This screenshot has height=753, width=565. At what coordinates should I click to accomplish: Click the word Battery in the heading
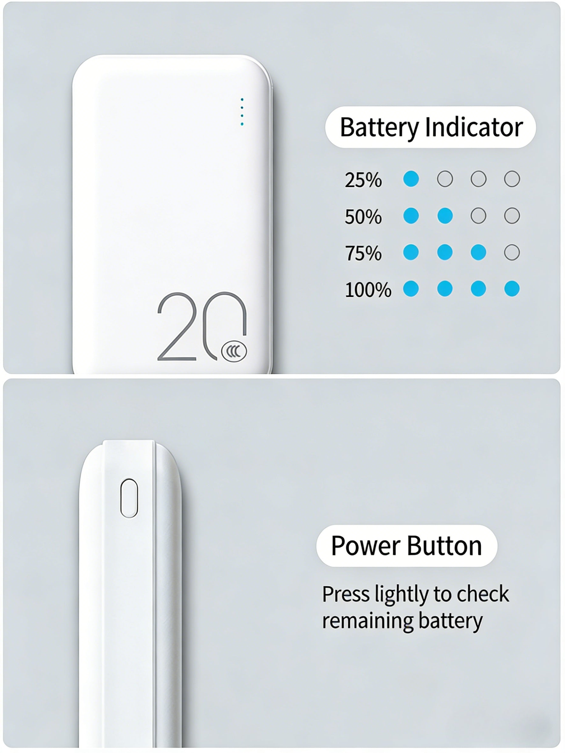379,128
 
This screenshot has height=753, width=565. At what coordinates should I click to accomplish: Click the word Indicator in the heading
474,128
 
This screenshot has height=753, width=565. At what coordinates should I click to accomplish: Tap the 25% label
363,180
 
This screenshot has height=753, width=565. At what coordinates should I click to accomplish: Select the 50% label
363,217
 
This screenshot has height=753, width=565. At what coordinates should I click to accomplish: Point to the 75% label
363,253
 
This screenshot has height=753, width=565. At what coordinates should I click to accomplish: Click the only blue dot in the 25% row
411,179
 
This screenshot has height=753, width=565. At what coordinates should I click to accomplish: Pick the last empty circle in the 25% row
512,179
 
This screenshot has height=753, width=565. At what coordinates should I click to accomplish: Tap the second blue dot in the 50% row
445,216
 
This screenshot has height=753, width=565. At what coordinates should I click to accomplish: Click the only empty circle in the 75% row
512,253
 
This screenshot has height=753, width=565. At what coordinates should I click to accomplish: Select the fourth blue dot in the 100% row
512,289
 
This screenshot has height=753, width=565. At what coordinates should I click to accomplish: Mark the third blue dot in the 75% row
479,253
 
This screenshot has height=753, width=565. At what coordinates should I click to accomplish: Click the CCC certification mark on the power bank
234,351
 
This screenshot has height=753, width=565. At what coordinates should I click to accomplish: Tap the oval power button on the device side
129,498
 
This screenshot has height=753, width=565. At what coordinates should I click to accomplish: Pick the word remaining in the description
367,620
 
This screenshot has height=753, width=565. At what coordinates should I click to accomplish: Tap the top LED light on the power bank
242,99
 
